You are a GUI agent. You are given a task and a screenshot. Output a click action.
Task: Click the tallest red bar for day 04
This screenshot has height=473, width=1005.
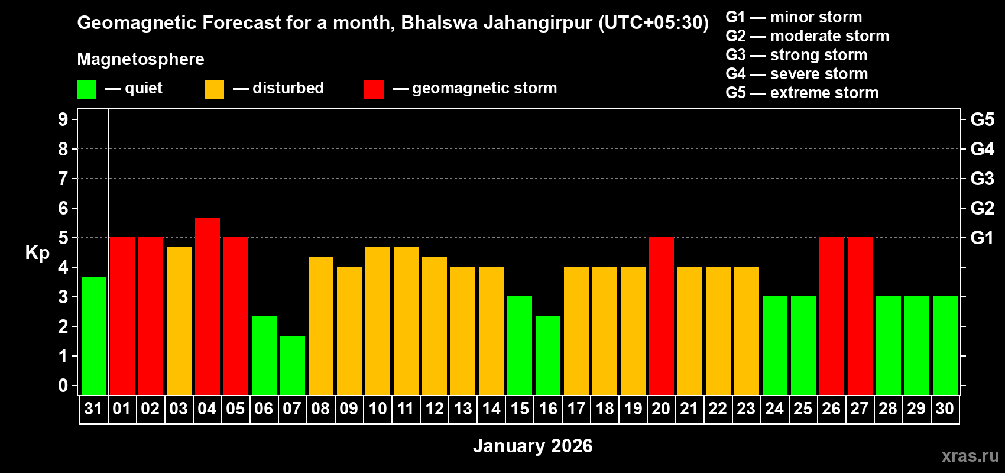pyautogui.click(x=208, y=306)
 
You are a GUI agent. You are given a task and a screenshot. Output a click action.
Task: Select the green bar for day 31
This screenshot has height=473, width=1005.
pyautogui.click(x=94, y=335)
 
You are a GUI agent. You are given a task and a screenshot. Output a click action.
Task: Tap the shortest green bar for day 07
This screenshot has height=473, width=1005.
pyautogui.click(x=293, y=365)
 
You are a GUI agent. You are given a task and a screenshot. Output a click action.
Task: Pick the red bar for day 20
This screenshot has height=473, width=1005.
pyautogui.click(x=662, y=316)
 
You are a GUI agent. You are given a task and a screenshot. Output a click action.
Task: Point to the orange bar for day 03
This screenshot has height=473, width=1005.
pyautogui.click(x=179, y=320)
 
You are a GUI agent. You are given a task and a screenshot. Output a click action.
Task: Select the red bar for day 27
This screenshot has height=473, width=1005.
pyautogui.click(x=860, y=316)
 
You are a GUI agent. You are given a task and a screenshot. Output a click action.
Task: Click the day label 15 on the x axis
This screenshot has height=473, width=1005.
pyautogui.click(x=520, y=409)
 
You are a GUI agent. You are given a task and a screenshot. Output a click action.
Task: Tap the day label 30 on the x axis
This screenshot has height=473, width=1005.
pyautogui.click(x=945, y=409)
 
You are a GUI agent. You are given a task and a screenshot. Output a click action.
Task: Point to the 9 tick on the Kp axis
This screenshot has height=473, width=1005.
pyautogui.click(x=63, y=119)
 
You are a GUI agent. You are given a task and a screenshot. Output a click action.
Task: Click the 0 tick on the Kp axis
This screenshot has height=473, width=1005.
pyautogui.click(x=63, y=385)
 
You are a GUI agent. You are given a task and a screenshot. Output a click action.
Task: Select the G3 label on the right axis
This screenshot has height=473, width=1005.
pyautogui.click(x=982, y=179)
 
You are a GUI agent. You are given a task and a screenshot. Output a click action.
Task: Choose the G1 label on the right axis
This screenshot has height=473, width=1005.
pyautogui.click(x=982, y=238)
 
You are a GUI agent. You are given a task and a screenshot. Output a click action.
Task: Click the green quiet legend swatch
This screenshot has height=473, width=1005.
pyautogui.click(x=86, y=89)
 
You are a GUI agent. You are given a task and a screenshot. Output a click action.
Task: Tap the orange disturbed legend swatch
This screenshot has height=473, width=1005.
pyautogui.click(x=214, y=89)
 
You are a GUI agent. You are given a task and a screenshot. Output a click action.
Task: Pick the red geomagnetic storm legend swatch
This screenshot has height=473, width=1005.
pyautogui.click(x=374, y=89)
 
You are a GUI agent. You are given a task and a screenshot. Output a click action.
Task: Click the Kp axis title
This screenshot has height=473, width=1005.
pyautogui.click(x=37, y=252)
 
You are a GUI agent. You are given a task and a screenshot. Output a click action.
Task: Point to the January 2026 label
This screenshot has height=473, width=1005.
pyautogui.click(x=533, y=446)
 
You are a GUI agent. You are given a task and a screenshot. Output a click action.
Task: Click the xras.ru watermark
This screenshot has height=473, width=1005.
pyautogui.click(x=970, y=455)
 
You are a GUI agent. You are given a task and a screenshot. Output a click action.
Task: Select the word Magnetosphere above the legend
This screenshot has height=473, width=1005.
pyautogui.click(x=141, y=59)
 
